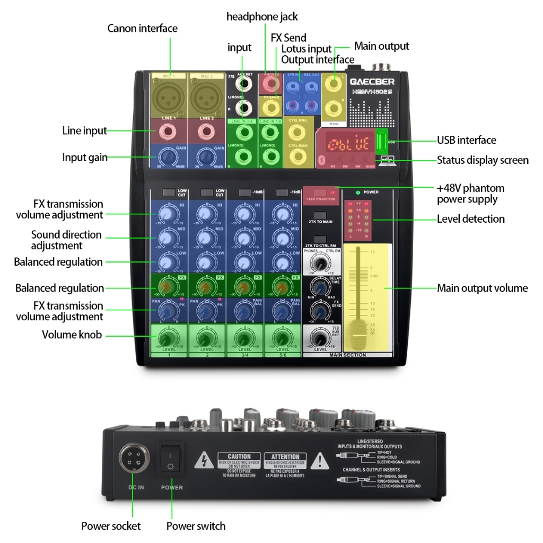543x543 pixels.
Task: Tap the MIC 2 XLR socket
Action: click(x=205, y=99)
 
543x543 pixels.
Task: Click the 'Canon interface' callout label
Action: click(x=142, y=28)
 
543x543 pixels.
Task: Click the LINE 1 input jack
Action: click(x=169, y=130)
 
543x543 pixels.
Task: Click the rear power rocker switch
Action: click(x=171, y=460)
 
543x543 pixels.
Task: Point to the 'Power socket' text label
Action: click(x=111, y=526)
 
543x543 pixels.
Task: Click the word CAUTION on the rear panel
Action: click(x=239, y=457)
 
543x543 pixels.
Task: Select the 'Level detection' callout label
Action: click(x=470, y=218)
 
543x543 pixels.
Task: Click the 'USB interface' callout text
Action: click(x=466, y=140)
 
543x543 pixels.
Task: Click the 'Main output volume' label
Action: click(x=482, y=288)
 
